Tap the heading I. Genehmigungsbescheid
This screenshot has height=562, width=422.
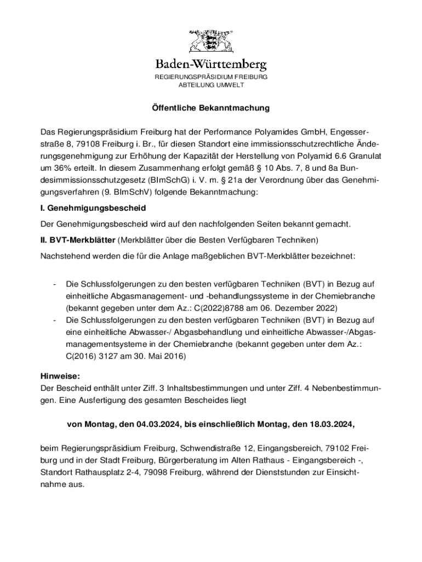(x=93, y=209)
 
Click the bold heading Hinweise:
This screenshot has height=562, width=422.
(x=60, y=376)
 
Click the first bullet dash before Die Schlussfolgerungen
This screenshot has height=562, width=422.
(x=54, y=284)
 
